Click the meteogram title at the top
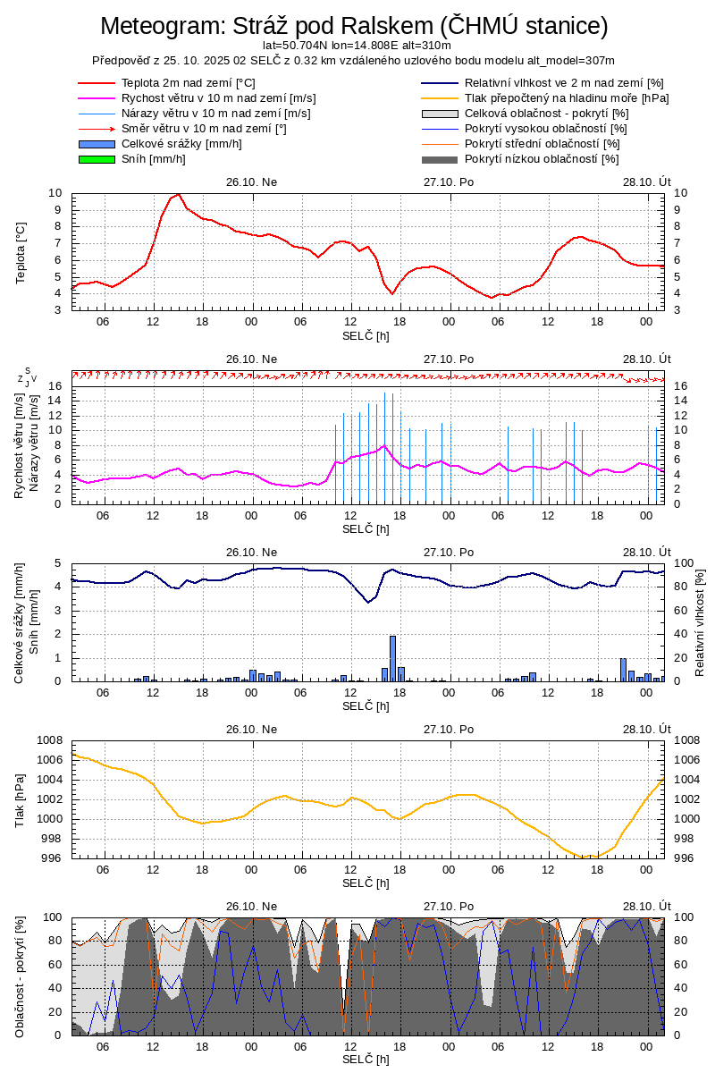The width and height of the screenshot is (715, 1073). pos(354,26)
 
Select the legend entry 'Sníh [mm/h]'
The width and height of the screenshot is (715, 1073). pos(154,159)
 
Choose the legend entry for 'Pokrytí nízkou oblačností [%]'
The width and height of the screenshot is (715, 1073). pos(542,159)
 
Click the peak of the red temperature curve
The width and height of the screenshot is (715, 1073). pos(179,194)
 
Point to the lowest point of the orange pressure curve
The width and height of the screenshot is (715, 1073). pos(586,857)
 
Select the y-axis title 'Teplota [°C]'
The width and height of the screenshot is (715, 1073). pos(21,251)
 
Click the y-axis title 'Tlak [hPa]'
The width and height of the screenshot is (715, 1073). pos(21,798)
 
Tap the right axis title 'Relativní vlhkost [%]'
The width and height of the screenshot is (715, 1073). pos(700,622)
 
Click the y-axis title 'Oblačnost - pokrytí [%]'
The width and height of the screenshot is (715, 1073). pos(20,976)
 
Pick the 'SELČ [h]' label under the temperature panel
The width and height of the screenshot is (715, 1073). pos(366,335)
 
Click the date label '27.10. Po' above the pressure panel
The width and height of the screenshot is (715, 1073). pos(449,730)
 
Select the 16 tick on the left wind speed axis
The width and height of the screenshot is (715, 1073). pos(55,386)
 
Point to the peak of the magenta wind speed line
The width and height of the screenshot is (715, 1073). pos(384,445)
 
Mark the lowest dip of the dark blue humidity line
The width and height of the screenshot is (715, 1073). pos(367,602)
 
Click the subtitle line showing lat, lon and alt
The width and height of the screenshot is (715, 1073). pos(357,45)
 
